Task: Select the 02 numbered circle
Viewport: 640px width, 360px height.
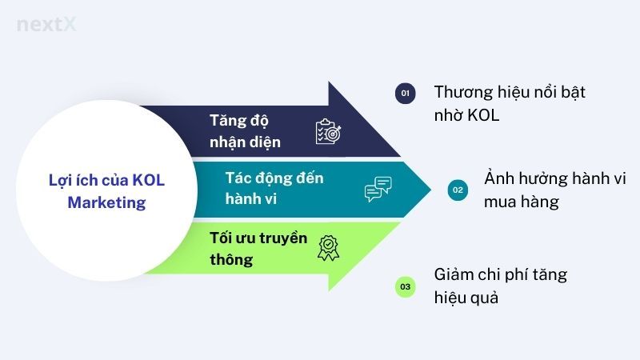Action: click(x=458, y=190)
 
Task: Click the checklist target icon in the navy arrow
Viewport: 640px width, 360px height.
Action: click(x=329, y=131)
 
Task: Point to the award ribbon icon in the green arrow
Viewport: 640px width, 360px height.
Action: click(x=328, y=248)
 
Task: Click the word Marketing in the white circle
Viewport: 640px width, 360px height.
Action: click(x=106, y=203)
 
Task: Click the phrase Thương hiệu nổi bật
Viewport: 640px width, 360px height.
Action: click(x=510, y=92)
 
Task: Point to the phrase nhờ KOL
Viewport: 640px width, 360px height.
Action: click(x=466, y=116)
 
